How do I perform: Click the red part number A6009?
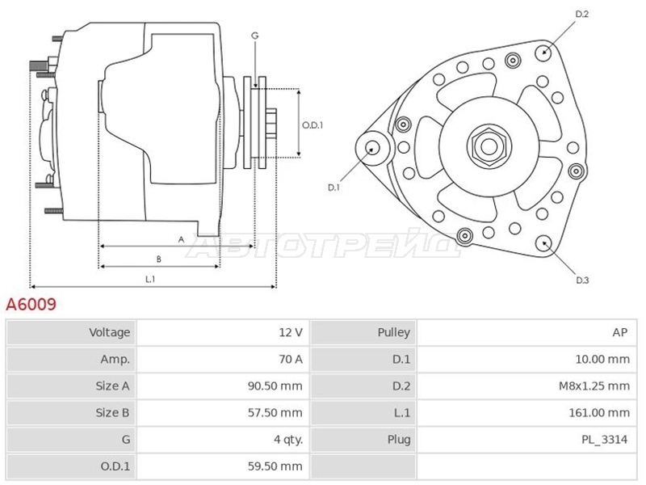pyautogui.click(x=31, y=305)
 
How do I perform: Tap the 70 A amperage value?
pyautogui.click(x=291, y=359)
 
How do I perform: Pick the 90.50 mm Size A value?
pyautogui.click(x=275, y=386)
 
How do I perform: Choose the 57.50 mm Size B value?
pyautogui.click(x=275, y=413)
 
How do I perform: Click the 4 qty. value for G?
pyautogui.click(x=288, y=440)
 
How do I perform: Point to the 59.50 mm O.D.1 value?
pyautogui.click(x=275, y=466)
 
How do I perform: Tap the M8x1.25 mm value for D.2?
pyautogui.click(x=594, y=386)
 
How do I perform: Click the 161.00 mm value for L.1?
pyautogui.click(x=599, y=413)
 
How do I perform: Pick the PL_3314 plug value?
pyautogui.click(x=604, y=440)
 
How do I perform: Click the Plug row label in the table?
pyautogui.click(x=399, y=440)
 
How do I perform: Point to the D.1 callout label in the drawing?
pyautogui.click(x=333, y=188)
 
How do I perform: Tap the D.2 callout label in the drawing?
pyautogui.click(x=581, y=14)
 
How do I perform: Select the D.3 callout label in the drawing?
pyautogui.click(x=582, y=280)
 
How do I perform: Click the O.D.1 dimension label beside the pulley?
pyautogui.click(x=313, y=125)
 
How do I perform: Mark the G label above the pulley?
pyautogui.click(x=255, y=36)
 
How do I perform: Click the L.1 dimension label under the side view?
pyautogui.click(x=150, y=279)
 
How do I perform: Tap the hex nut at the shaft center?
pyautogui.click(x=489, y=147)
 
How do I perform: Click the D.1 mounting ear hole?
pyautogui.click(x=373, y=149)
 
